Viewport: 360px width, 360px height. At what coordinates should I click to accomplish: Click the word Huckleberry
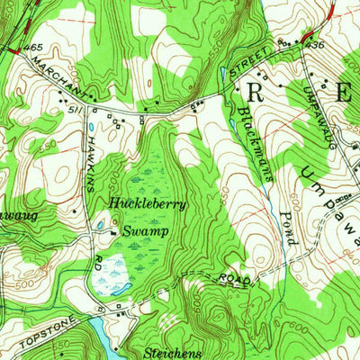148,204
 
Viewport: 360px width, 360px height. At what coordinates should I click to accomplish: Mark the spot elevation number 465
34,46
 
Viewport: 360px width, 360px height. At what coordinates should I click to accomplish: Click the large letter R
256,91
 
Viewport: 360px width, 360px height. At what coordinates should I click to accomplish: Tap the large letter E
344,91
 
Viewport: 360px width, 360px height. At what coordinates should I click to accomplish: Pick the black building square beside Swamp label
112,233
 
